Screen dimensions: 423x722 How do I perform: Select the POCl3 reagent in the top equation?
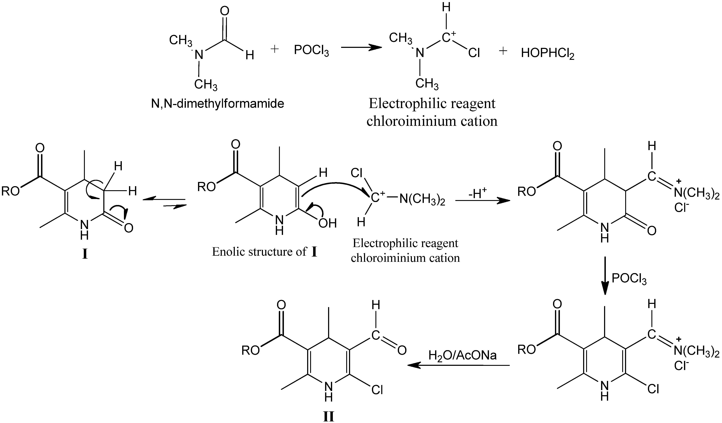[x=311, y=52]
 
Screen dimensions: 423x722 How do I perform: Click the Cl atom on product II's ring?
[x=377, y=390]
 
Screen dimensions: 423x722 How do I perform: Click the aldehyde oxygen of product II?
[x=402, y=350]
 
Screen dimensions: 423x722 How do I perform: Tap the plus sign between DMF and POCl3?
[x=274, y=49]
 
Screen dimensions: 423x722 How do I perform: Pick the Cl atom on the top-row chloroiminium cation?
[x=474, y=53]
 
